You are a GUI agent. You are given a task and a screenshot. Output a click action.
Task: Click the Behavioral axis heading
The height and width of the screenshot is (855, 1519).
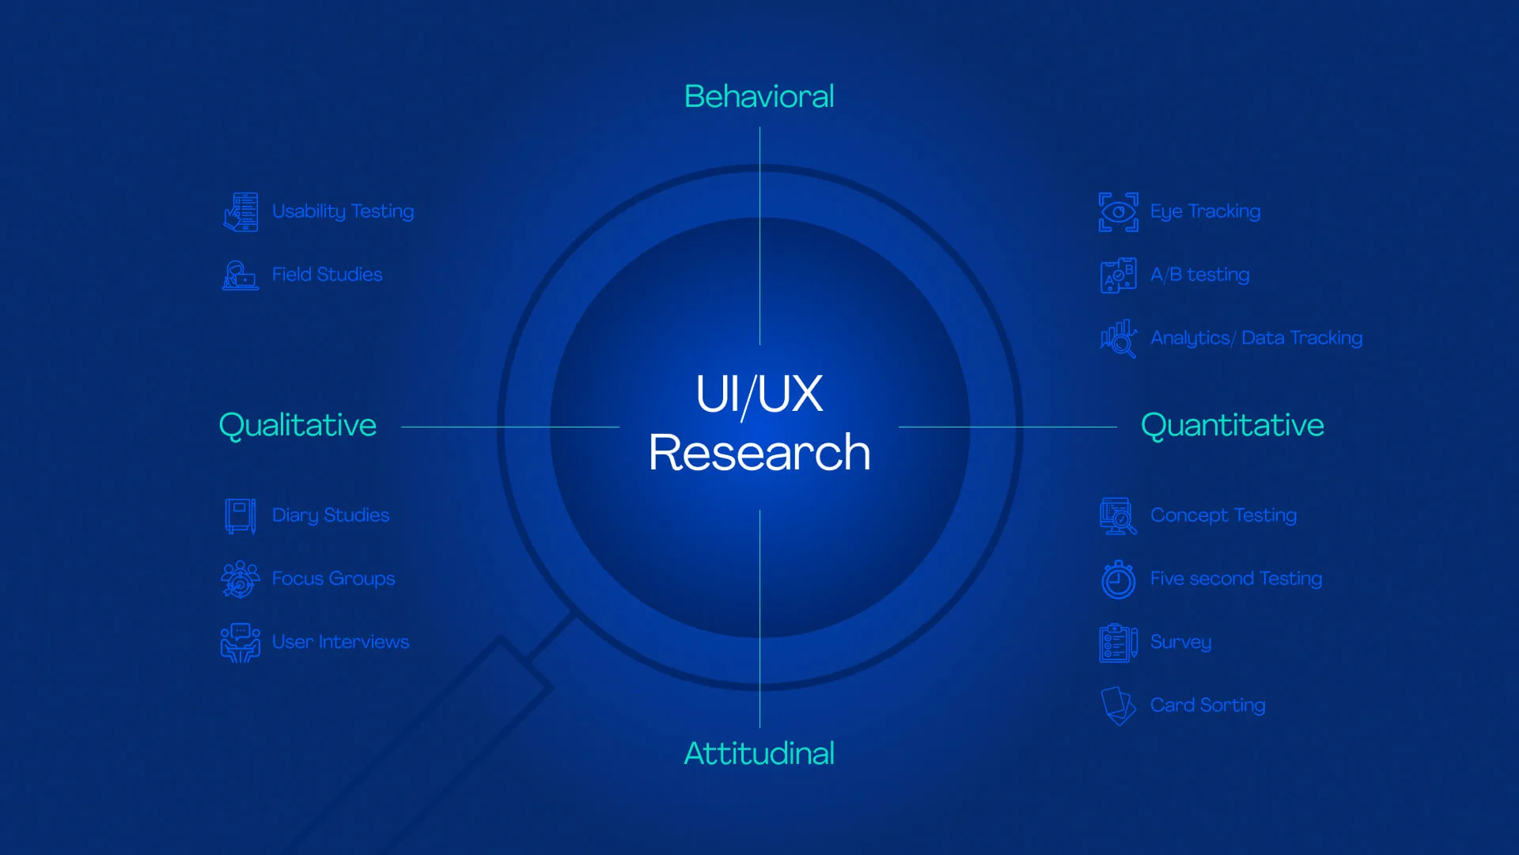coord(759,97)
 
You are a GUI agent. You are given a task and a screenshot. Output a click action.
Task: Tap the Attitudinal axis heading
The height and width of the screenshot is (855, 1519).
coord(759,753)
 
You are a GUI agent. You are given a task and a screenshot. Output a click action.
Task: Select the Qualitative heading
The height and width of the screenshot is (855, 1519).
coord(297,426)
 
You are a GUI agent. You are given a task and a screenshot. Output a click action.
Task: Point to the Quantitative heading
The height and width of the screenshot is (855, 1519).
coord(1232,426)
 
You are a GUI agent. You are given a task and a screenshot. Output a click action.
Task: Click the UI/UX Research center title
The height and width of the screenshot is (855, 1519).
coord(759,423)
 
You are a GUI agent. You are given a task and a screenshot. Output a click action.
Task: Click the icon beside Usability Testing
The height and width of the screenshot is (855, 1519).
coord(241,211)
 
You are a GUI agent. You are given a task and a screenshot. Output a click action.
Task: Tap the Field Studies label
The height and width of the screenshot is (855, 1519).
coord(327,274)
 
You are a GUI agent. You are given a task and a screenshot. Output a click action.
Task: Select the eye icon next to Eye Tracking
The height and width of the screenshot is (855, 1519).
coord(1119,211)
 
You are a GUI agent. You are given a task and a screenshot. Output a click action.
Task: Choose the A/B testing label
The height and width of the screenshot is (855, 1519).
coord(1199,275)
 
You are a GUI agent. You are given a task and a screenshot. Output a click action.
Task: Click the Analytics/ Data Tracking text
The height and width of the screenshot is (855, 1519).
coord(1256,338)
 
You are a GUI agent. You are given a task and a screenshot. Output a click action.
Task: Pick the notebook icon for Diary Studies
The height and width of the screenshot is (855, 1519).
coord(241,515)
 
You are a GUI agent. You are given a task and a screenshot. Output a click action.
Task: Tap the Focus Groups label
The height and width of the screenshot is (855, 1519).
coord(333,579)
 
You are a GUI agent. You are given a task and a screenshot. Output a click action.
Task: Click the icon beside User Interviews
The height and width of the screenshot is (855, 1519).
coord(241,642)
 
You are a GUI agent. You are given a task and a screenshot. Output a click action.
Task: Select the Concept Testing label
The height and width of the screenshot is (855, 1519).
coord(1223,515)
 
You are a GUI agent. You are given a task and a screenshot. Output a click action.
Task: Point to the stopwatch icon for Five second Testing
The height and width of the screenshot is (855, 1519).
coord(1119,579)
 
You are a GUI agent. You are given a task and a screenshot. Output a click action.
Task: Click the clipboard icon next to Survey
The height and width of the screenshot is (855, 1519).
coord(1119,642)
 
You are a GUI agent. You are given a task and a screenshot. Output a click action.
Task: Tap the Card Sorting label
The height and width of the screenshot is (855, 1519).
coord(1207,705)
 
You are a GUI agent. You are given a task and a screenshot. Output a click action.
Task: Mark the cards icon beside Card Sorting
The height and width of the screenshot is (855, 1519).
coord(1119,705)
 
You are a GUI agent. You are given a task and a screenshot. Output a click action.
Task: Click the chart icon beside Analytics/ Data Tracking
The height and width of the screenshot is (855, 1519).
coord(1119,339)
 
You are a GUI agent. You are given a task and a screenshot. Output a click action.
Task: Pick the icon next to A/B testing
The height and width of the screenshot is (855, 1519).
coord(1119,275)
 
